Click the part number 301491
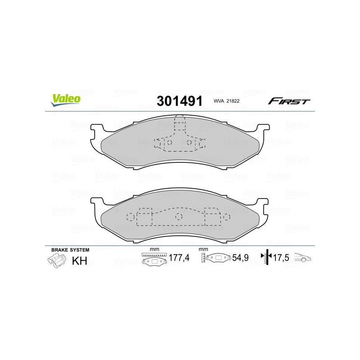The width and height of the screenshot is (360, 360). pos(179,101)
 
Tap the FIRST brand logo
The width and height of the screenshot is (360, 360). pos(289,101)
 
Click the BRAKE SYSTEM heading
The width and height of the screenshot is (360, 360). pos(70,249)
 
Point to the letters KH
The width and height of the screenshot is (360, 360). pos(80,261)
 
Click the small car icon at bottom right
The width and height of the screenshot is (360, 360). pos(303,258)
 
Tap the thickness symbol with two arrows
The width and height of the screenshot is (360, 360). pos(267,258)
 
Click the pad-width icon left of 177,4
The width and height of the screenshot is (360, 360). pos(153,260)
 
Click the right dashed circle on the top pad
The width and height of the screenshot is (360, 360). pos(189,143)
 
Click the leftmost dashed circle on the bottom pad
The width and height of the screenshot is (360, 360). pos(130,216)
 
